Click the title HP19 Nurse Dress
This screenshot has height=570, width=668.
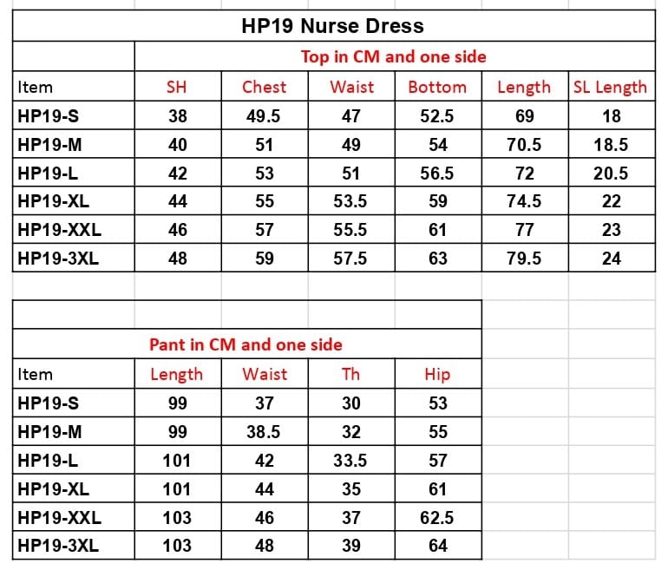[332, 26]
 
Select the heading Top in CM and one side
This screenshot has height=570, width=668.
[393, 56]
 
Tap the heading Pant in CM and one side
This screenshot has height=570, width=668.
[246, 344]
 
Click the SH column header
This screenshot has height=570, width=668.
[177, 87]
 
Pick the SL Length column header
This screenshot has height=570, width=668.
[610, 87]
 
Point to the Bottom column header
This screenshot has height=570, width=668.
[437, 87]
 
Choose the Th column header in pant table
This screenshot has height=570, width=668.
[350, 375]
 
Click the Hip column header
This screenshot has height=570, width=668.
[437, 375]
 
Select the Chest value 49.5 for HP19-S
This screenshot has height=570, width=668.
[264, 116]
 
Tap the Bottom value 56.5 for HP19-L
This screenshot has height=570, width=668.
[437, 174]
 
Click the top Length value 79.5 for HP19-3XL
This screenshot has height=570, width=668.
[524, 258]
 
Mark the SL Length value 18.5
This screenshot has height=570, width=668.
[611, 145]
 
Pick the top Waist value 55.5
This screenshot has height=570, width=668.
[350, 230]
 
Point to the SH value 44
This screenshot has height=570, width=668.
[177, 201]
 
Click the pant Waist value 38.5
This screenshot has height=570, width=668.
[264, 432]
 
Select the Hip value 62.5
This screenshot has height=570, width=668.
[437, 518]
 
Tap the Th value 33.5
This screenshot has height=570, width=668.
[350, 461]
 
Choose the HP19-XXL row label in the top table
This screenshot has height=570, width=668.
[59, 230]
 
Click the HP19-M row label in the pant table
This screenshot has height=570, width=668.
[49, 432]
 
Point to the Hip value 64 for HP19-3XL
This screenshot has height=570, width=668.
[437, 547]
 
